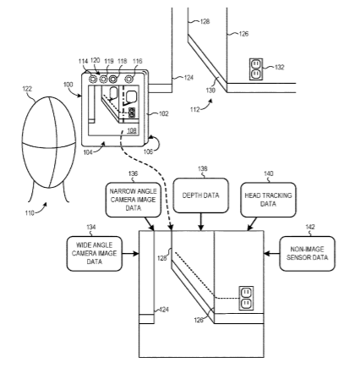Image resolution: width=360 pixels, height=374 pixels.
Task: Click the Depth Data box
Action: (200, 195)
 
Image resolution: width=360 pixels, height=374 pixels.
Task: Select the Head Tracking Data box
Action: (268, 200)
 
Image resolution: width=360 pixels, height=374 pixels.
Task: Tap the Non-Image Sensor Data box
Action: (307, 254)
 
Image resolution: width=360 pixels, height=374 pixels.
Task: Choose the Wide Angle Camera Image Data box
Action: (95, 254)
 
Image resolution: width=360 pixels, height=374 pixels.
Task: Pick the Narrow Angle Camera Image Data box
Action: (134, 200)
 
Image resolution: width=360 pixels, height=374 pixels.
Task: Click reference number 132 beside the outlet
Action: (280, 67)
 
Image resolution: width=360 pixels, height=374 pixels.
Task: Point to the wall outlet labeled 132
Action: (256, 69)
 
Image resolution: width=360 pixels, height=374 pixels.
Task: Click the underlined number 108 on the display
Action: (132, 130)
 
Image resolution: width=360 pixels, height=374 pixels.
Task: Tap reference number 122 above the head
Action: (27, 89)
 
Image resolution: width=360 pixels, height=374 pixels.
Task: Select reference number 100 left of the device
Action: (68, 85)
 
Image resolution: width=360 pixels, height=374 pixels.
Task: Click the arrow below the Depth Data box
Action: (201, 222)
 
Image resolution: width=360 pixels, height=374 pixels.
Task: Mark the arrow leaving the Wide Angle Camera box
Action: (131, 254)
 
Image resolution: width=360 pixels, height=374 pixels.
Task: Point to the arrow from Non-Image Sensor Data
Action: (271, 254)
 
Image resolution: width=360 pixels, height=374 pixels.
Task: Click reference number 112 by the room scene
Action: (195, 109)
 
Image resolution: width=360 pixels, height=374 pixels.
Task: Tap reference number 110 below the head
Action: (30, 213)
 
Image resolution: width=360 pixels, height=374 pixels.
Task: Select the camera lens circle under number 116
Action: (129, 80)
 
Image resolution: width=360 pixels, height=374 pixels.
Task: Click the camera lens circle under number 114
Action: (92, 80)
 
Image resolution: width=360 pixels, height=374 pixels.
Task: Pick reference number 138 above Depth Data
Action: (203, 168)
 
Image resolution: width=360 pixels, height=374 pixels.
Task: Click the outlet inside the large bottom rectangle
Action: (246, 298)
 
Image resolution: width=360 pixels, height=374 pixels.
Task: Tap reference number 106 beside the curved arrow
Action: (148, 151)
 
